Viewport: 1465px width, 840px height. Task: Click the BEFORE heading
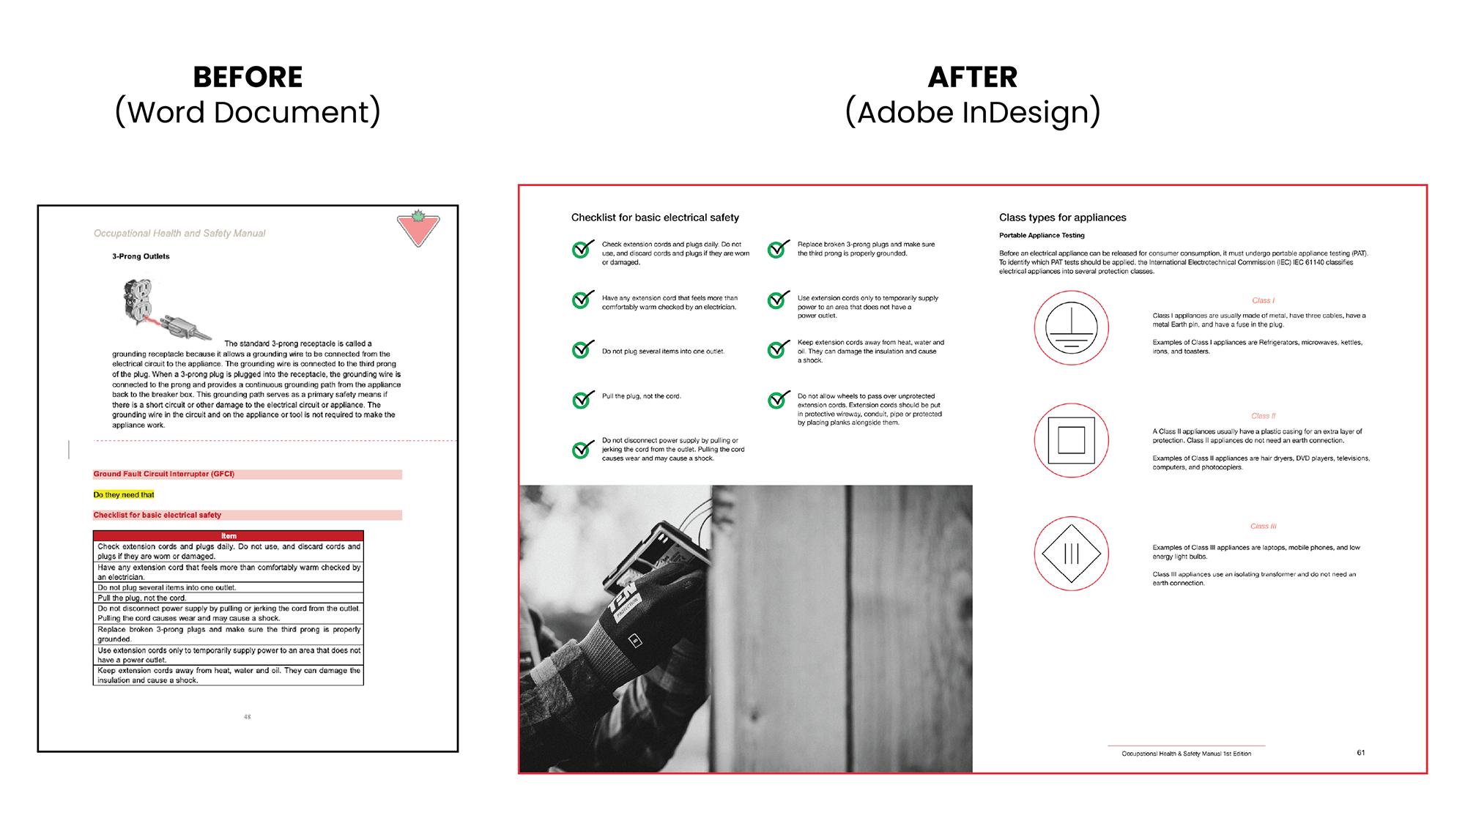248,77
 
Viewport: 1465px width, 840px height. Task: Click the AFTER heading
972,77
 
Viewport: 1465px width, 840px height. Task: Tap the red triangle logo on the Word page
418,229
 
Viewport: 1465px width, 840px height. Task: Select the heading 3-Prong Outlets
141,256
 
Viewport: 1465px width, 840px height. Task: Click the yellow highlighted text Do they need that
124,495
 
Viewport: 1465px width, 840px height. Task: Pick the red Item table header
229,536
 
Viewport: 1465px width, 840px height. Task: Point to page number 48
247,717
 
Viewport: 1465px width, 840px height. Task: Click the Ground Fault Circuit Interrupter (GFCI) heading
164,475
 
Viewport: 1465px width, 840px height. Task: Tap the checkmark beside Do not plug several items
582,349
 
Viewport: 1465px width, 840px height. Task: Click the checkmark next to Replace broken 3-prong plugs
778,249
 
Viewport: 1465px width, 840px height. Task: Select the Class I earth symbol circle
1071,327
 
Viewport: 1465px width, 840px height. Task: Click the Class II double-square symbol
1071,440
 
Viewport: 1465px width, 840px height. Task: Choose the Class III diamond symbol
1071,553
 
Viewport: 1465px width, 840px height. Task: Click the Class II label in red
1263,416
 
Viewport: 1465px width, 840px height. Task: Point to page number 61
1360,753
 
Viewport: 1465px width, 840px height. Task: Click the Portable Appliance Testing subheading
1042,236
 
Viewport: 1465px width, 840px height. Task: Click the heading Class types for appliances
1062,218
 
